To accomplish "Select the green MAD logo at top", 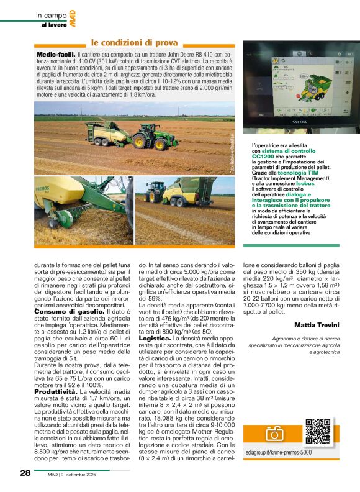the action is coord(73,20).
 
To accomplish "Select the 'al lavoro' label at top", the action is coord(53,25).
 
